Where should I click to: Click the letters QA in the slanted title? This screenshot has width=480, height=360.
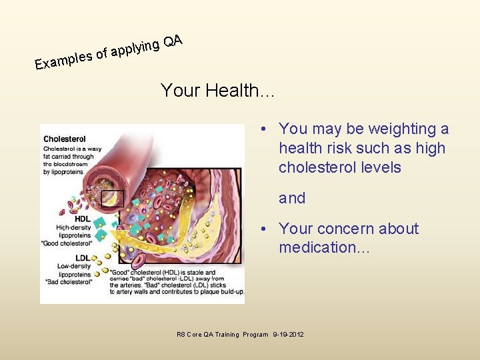[173, 41]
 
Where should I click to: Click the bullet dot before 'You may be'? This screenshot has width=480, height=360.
[265, 129]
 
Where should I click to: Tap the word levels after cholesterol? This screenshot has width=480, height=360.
[377, 167]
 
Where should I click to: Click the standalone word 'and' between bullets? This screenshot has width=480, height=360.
[292, 198]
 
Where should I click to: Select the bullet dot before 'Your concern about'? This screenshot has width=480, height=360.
[265, 229]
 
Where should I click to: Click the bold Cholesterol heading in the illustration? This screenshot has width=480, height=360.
[64, 139]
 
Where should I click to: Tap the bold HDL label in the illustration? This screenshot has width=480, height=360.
[83, 219]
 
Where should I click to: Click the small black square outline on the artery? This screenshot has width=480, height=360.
[112, 198]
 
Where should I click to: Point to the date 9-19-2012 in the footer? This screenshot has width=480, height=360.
[288, 334]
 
